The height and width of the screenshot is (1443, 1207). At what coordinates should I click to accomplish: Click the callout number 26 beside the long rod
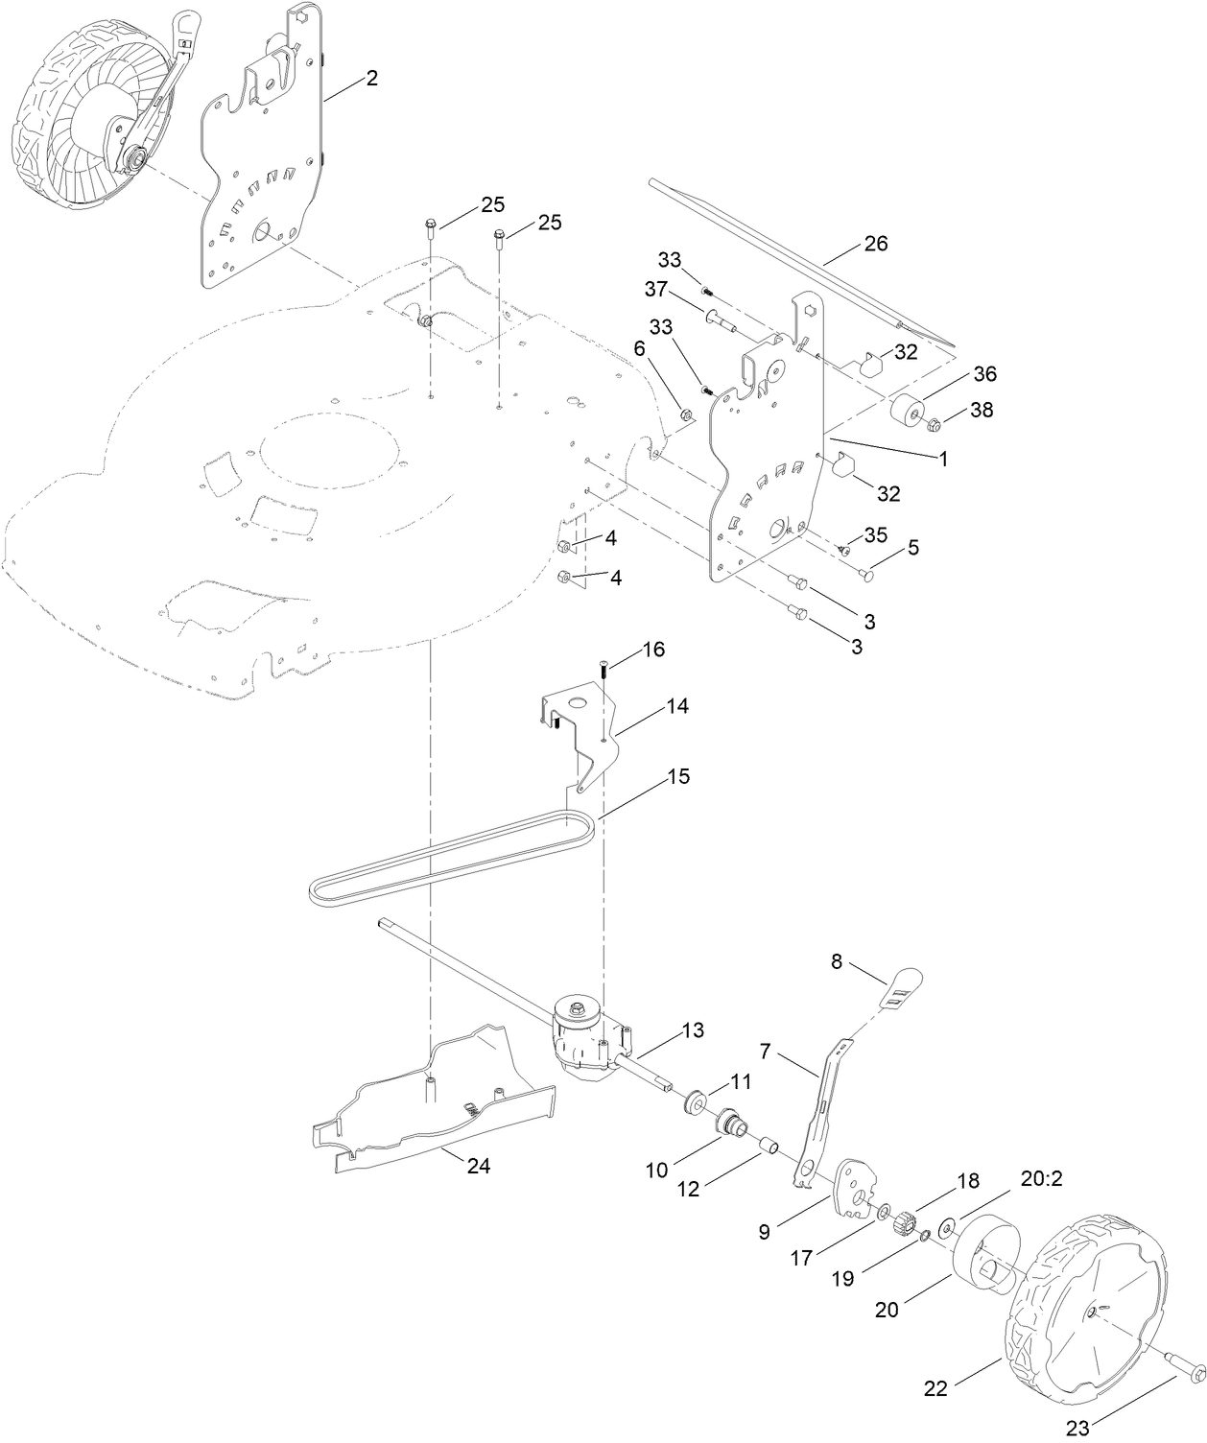click(x=875, y=244)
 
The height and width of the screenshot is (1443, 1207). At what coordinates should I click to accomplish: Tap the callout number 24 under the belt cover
click(x=478, y=1166)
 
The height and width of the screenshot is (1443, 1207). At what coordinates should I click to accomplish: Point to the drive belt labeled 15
click(x=451, y=855)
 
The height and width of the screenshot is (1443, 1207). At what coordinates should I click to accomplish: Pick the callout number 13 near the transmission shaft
click(x=694, y=1030)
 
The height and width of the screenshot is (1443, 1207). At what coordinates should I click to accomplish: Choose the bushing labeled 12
click(x=768, y=1145)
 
